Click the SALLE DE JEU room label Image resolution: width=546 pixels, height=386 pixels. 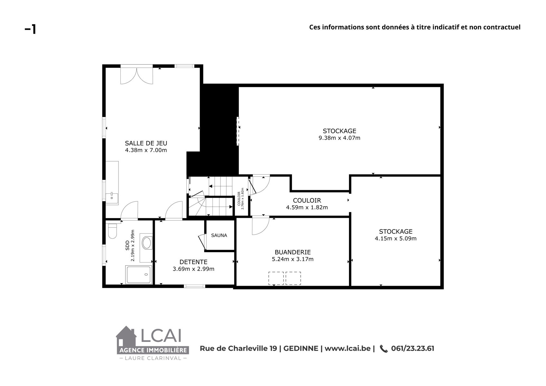coord(146,143)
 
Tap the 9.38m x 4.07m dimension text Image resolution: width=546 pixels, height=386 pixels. coord(339,138)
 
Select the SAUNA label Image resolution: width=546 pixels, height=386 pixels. coord(219,235)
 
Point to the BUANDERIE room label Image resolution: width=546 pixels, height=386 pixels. coord(293,252)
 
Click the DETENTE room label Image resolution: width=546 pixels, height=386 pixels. coord(193,262)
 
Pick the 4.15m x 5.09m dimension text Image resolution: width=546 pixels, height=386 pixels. coord(396,238)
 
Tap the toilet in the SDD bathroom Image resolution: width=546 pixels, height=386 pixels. coord(112,231)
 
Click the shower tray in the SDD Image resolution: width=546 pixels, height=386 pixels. coord(139,274)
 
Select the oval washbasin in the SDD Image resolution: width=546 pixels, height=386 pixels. coord(146,243)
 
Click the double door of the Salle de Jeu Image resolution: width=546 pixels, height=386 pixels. coord(136,76)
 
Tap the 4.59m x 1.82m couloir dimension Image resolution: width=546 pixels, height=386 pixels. coord(307,207)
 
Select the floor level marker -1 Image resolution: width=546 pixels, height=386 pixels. coord(31,29)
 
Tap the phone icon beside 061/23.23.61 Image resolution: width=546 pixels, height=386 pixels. coord(384,349)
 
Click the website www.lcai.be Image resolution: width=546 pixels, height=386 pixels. coord(348,348)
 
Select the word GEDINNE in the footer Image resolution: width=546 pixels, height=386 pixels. coord(301,348)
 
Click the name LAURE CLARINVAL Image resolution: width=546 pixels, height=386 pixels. coord(153,358)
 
